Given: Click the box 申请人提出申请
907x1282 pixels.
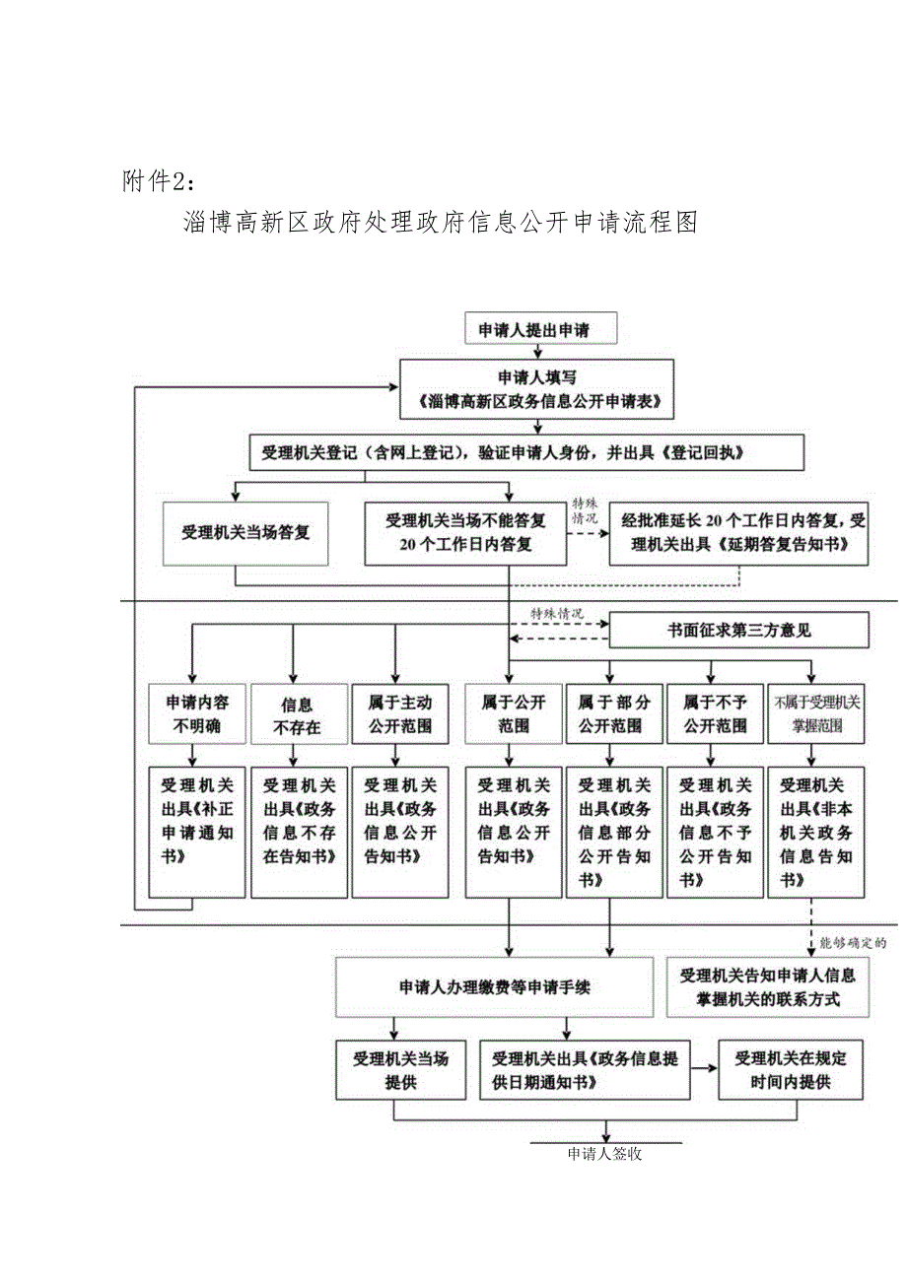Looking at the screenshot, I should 533,330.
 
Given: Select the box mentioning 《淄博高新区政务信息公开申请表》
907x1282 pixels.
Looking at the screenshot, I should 536,390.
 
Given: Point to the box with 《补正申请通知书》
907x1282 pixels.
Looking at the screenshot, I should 196,832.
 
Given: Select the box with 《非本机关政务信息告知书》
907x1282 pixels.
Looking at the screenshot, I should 815,832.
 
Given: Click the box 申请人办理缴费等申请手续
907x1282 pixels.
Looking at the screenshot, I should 494,986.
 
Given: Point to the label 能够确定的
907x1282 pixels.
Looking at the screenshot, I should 854,942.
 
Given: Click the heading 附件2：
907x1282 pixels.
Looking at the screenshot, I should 159,182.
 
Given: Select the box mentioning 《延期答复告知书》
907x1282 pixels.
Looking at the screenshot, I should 738,532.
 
